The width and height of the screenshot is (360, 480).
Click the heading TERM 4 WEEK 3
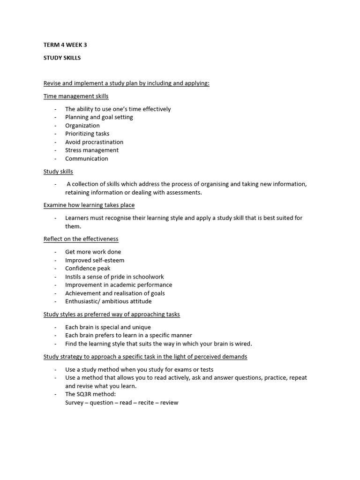click(x=65, y=45)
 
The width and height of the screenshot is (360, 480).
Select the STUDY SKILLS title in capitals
click(x=62, y=58)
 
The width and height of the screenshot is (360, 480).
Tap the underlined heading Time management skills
click(x=76, y=96)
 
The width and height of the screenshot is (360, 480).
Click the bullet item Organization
click(x=82, y=126)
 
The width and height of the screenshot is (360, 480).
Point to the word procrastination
click(x=103, y=142)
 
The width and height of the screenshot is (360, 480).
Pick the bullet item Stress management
click(x=92, y=150)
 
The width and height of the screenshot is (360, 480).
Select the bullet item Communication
click(x=87, y=158)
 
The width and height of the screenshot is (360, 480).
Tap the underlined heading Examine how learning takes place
click(x=89, y=205)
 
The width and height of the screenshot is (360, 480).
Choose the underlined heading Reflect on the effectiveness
click(x=81, y=239)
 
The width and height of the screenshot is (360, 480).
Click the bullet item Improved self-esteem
click(x=95, y=260)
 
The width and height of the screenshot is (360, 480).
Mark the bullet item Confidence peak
click(x=88, y=268)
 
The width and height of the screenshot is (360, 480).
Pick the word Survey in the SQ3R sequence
click(x=75, y=403)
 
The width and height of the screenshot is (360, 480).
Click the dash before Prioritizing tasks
click(x=55, y=134)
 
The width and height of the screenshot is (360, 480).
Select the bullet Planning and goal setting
click(x=99, y=117)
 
